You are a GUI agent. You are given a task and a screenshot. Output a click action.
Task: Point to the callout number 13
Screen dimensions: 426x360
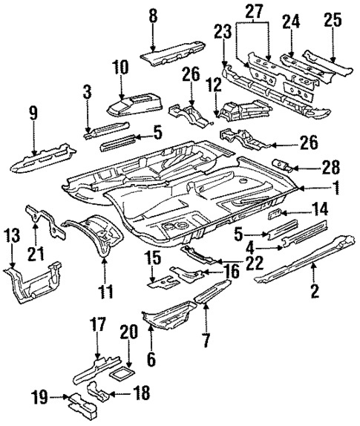[x=11, y=236]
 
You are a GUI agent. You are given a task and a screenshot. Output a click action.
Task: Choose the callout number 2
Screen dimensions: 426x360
[x=315, y=290]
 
